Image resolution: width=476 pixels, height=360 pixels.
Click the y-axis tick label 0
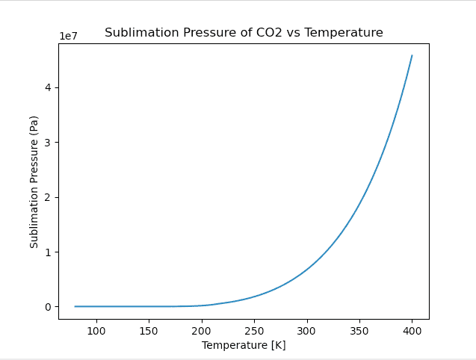[x=49, y=307]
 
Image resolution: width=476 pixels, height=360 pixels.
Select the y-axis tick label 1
[x=49, y=252]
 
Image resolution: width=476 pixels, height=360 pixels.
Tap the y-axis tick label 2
[x=49, y=197]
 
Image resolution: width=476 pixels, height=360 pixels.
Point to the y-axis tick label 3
[x=49, y=143]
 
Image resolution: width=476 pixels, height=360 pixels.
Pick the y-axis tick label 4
[x=49, y=87]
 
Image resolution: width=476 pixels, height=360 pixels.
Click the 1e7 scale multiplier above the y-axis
[x=69, y=37]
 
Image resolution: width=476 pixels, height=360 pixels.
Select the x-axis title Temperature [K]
[x=244, y=345]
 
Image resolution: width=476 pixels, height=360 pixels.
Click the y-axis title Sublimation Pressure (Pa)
[x=34, y=181]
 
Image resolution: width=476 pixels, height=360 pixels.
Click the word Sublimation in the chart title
[x=136, y=33]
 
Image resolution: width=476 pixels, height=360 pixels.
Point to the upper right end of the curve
[x=412, y=55]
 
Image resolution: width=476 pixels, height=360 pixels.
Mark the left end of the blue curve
[x=75, y=306]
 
